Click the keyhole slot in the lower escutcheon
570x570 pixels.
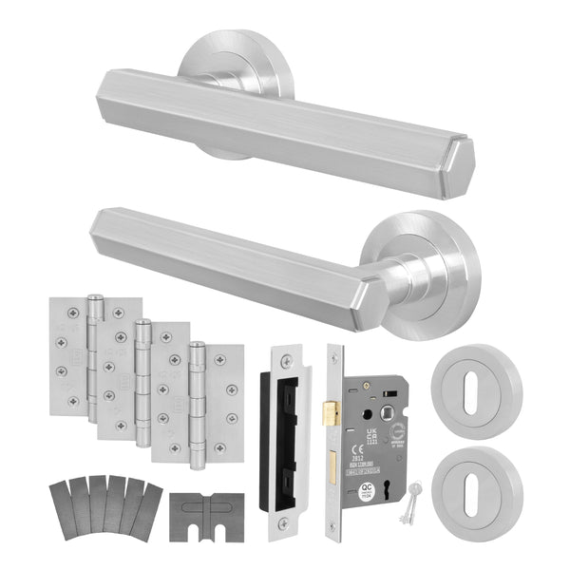coord(475,480)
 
